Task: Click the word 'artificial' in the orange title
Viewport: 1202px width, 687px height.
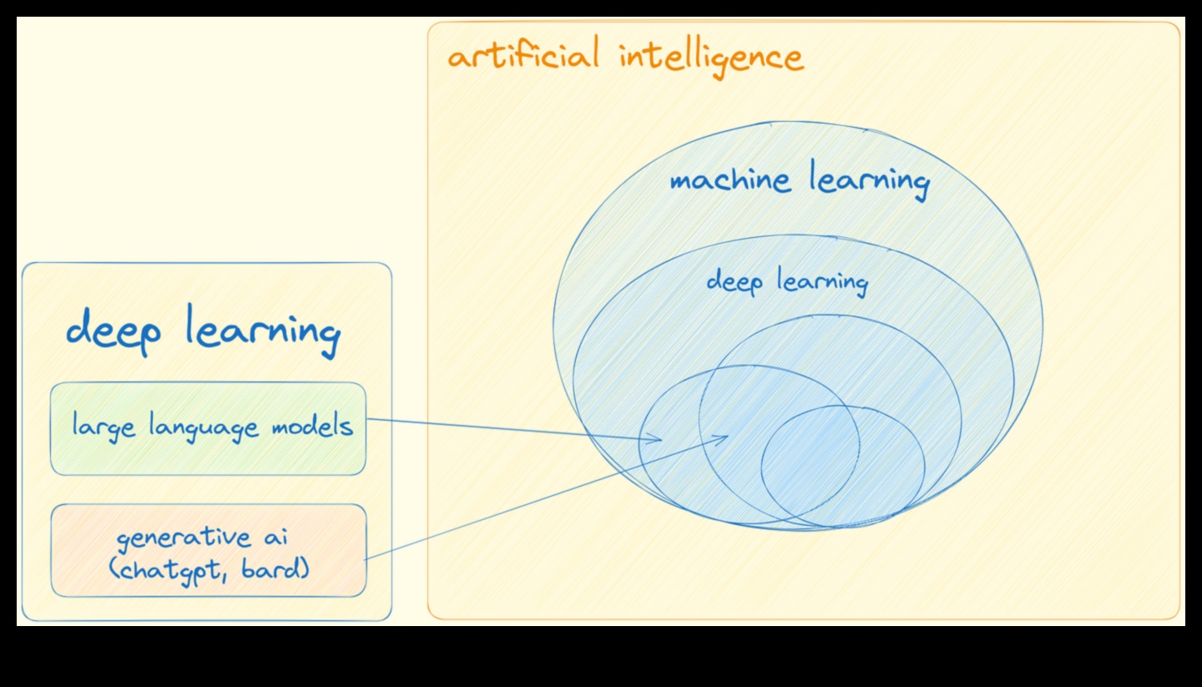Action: tap(523, 57)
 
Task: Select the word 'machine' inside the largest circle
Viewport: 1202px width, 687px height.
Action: tap(730, 181)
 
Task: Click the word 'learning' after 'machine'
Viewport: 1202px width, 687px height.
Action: tap(869, 181)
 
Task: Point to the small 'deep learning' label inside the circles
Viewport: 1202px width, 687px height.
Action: tap(787, 282)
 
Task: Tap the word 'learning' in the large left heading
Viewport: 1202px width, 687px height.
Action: tap(262, 331)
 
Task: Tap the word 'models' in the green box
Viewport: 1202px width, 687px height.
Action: tap(312, 427)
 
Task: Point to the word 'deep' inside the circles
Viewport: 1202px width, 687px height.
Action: tap(735, 282)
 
